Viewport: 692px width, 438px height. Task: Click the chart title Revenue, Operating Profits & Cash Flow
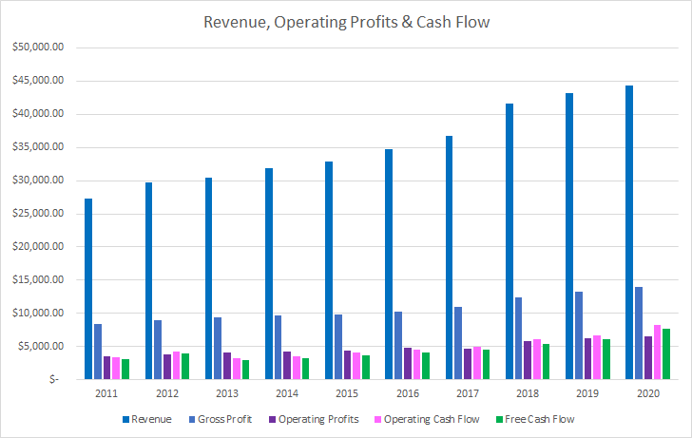tap(345, 22)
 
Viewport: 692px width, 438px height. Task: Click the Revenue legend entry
tap(152, 418)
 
